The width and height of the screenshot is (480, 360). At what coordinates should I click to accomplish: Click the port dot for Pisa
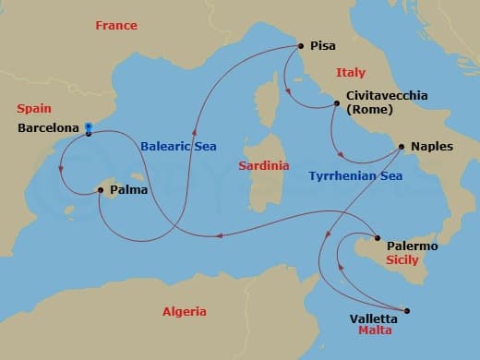(299, 45)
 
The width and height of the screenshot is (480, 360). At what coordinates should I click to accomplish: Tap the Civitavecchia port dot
(336, 104)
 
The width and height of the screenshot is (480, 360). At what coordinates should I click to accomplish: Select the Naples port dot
(401, 146)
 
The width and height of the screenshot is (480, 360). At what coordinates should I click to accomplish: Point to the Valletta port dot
(407, 310)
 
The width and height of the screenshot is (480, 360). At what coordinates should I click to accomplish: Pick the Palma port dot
(101, 190)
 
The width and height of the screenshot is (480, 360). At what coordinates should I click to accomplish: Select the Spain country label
(35, 107)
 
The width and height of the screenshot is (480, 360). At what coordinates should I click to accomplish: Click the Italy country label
(351, 72)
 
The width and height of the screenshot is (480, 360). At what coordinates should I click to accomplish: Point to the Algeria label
(184, 311)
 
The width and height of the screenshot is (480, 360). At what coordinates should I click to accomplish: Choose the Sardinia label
(258, 166)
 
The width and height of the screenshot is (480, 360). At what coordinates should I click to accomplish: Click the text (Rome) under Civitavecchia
(369, 110)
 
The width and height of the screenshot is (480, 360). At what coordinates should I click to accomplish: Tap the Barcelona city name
(47, 128)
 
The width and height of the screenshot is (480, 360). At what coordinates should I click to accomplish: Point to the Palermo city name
(412, 246)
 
